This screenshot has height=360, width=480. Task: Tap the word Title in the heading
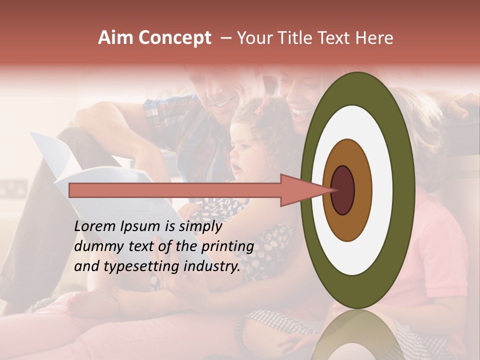[305, 38]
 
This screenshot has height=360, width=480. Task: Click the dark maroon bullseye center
[343, 190]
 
